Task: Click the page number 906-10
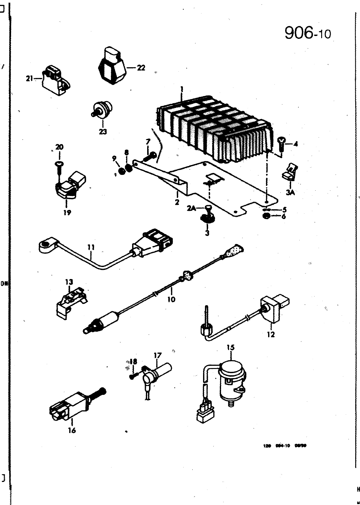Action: [x=308, y=33]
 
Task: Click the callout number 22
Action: [x=141, y=68]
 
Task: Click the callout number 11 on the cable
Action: [x=91, y=248]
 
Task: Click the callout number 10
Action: [x=171, y=299]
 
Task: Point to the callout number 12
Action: [x=271, y=334]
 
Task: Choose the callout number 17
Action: [x=157, y=355]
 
